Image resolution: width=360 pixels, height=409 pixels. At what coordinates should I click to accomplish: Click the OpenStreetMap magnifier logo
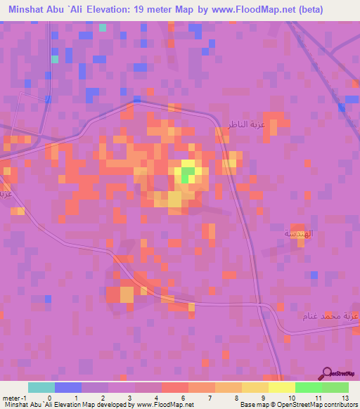tap(327, 373)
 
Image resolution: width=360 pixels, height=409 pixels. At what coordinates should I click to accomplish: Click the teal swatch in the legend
tap(41, 387)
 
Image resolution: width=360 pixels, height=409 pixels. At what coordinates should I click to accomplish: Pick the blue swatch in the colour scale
tap(67, 387)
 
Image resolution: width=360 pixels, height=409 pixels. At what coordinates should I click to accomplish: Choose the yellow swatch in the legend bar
tap(281, 387)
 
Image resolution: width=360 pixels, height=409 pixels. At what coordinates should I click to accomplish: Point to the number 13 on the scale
tap(345, 397)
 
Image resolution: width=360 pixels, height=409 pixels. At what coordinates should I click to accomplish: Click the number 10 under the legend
tap(290, 397)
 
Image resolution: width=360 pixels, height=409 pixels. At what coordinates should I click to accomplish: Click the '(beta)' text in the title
tap(333, 11)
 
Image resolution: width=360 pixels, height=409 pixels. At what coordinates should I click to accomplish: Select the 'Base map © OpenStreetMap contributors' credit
tap(297, 405)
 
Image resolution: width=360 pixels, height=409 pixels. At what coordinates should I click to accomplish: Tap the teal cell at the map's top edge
tap(103, 27)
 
